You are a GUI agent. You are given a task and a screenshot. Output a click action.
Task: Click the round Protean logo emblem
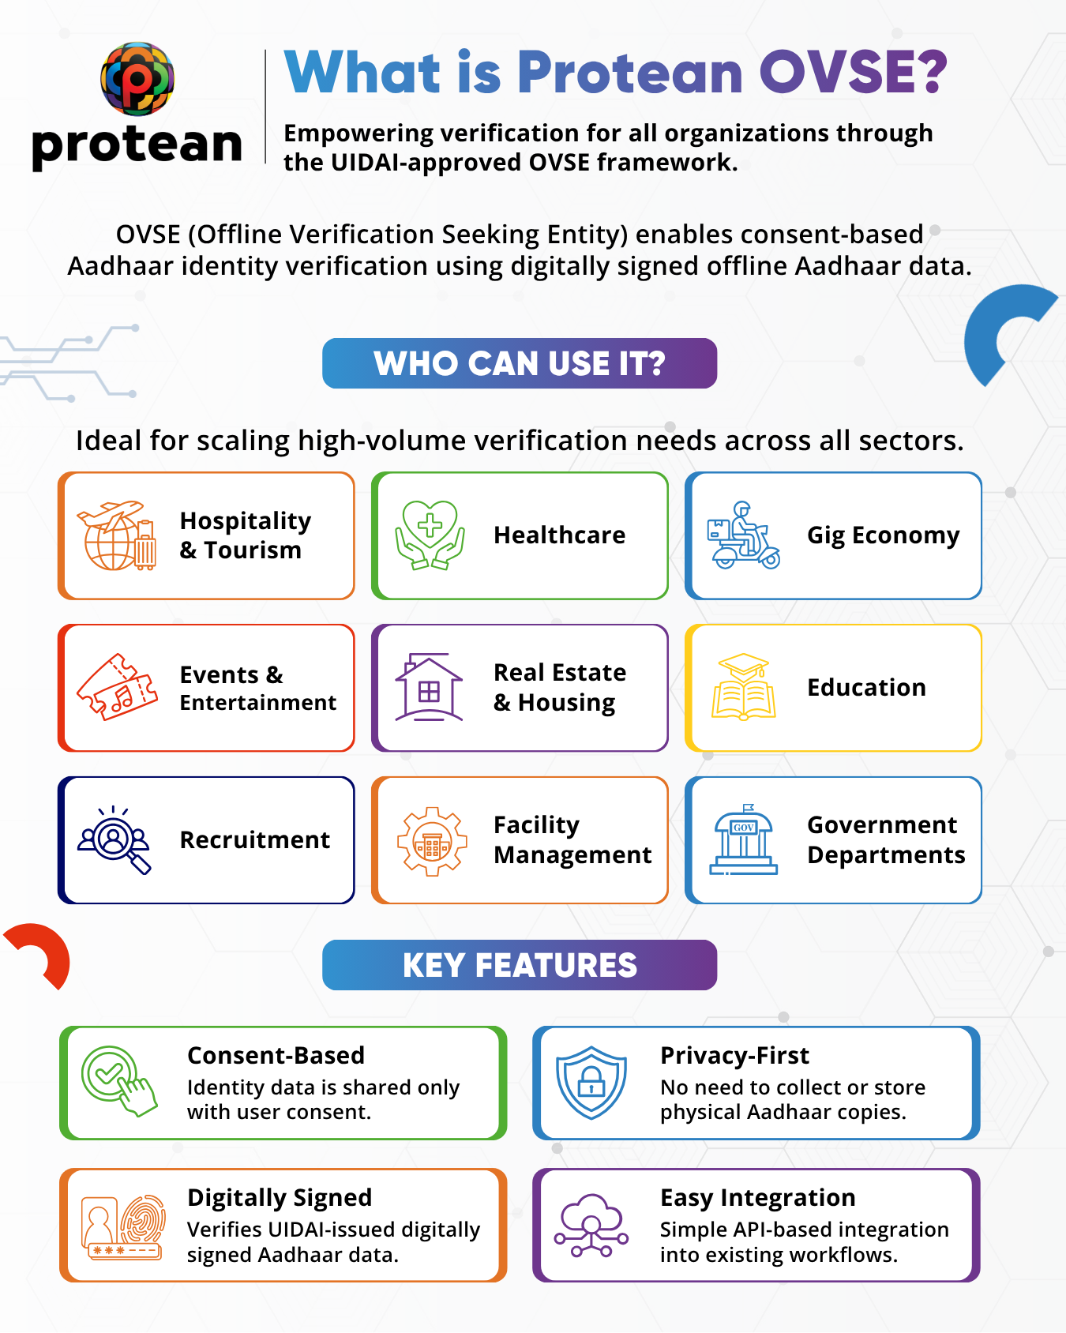tap(137, 78)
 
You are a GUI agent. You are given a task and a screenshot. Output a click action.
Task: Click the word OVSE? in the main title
tap(853, 73)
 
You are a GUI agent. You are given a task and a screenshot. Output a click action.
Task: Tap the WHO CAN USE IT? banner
tap(520, 363)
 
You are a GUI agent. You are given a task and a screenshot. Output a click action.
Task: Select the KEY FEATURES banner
tap(520, 965)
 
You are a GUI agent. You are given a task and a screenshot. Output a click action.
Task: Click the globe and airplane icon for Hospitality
tap(116, 535)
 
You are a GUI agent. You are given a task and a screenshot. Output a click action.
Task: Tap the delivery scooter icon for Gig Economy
tap(743, 535)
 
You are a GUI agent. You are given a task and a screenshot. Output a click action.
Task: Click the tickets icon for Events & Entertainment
tap(116, 687)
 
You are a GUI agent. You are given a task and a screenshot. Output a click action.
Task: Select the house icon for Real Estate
tap(429, 687)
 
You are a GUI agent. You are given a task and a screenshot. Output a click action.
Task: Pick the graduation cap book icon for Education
tap(743, 686)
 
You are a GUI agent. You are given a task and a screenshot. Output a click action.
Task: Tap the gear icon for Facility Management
tap(431, 841)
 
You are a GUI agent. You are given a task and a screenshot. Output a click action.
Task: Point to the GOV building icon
tap(743, 839)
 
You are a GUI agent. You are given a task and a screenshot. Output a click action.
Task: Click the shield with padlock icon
tap(591, 1083)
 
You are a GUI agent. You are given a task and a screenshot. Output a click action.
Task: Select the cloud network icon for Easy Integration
tap(591, 1226)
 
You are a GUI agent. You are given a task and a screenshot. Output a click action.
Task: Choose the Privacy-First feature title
tap(734, 1056)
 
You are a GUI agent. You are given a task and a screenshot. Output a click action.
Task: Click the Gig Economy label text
tap(883, 535)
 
